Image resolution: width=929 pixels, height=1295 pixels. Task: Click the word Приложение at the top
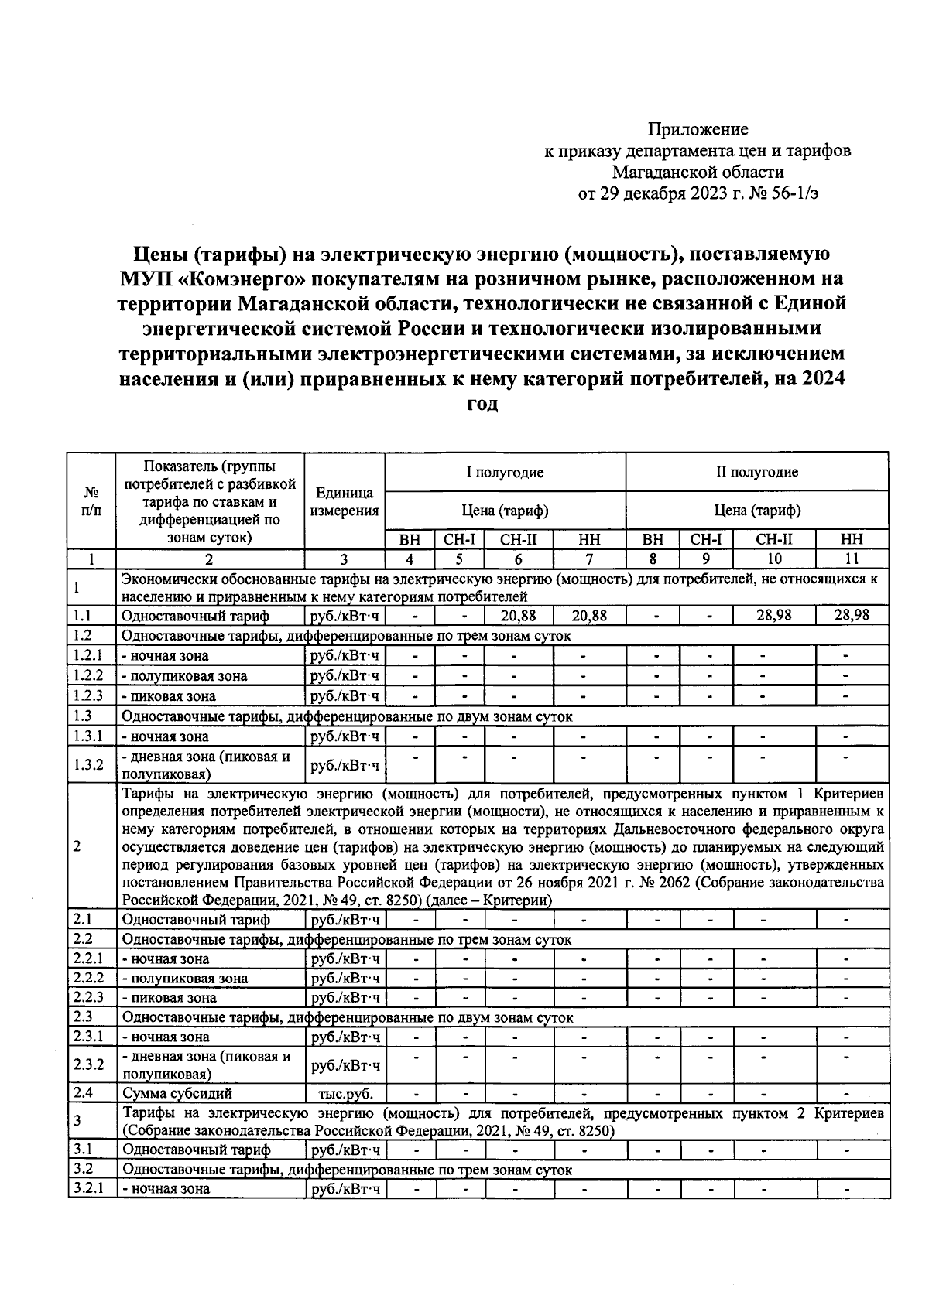[698, 129]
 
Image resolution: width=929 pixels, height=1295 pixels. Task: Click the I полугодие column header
[505, 472]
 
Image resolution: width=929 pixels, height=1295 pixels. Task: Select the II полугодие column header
[756, 472]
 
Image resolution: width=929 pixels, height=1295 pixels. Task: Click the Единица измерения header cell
[345, 501]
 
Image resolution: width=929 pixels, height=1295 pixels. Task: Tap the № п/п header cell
[91, 501]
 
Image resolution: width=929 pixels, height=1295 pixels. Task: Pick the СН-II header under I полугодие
[518, 540]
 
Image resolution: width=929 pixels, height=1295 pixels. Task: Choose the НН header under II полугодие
[852, 540]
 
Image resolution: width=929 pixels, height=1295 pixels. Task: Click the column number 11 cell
[852, 559]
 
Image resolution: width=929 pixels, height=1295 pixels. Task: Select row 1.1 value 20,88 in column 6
[518, 616]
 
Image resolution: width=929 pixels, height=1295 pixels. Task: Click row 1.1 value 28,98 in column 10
[773, 616]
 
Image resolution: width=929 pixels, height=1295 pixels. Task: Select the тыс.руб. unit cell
[345, 1094]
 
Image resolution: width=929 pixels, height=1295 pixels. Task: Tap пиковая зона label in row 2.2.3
[169, 998]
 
